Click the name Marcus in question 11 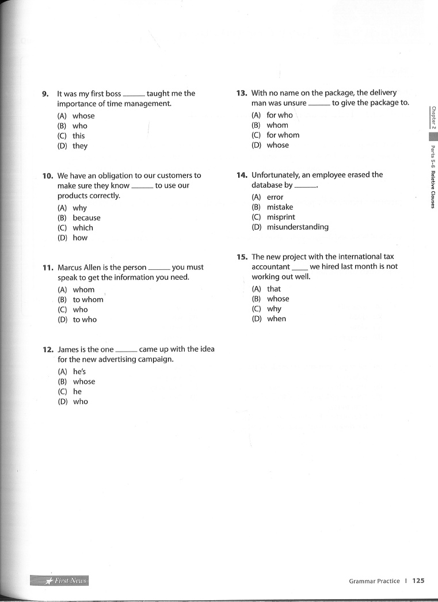pos(71,268)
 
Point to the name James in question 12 pos(68,349)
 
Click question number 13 pos(242,93)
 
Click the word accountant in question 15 pos(271,267)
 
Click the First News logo pos(59,580)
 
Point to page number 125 pos(418,581)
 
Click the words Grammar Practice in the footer pos(374,581)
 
